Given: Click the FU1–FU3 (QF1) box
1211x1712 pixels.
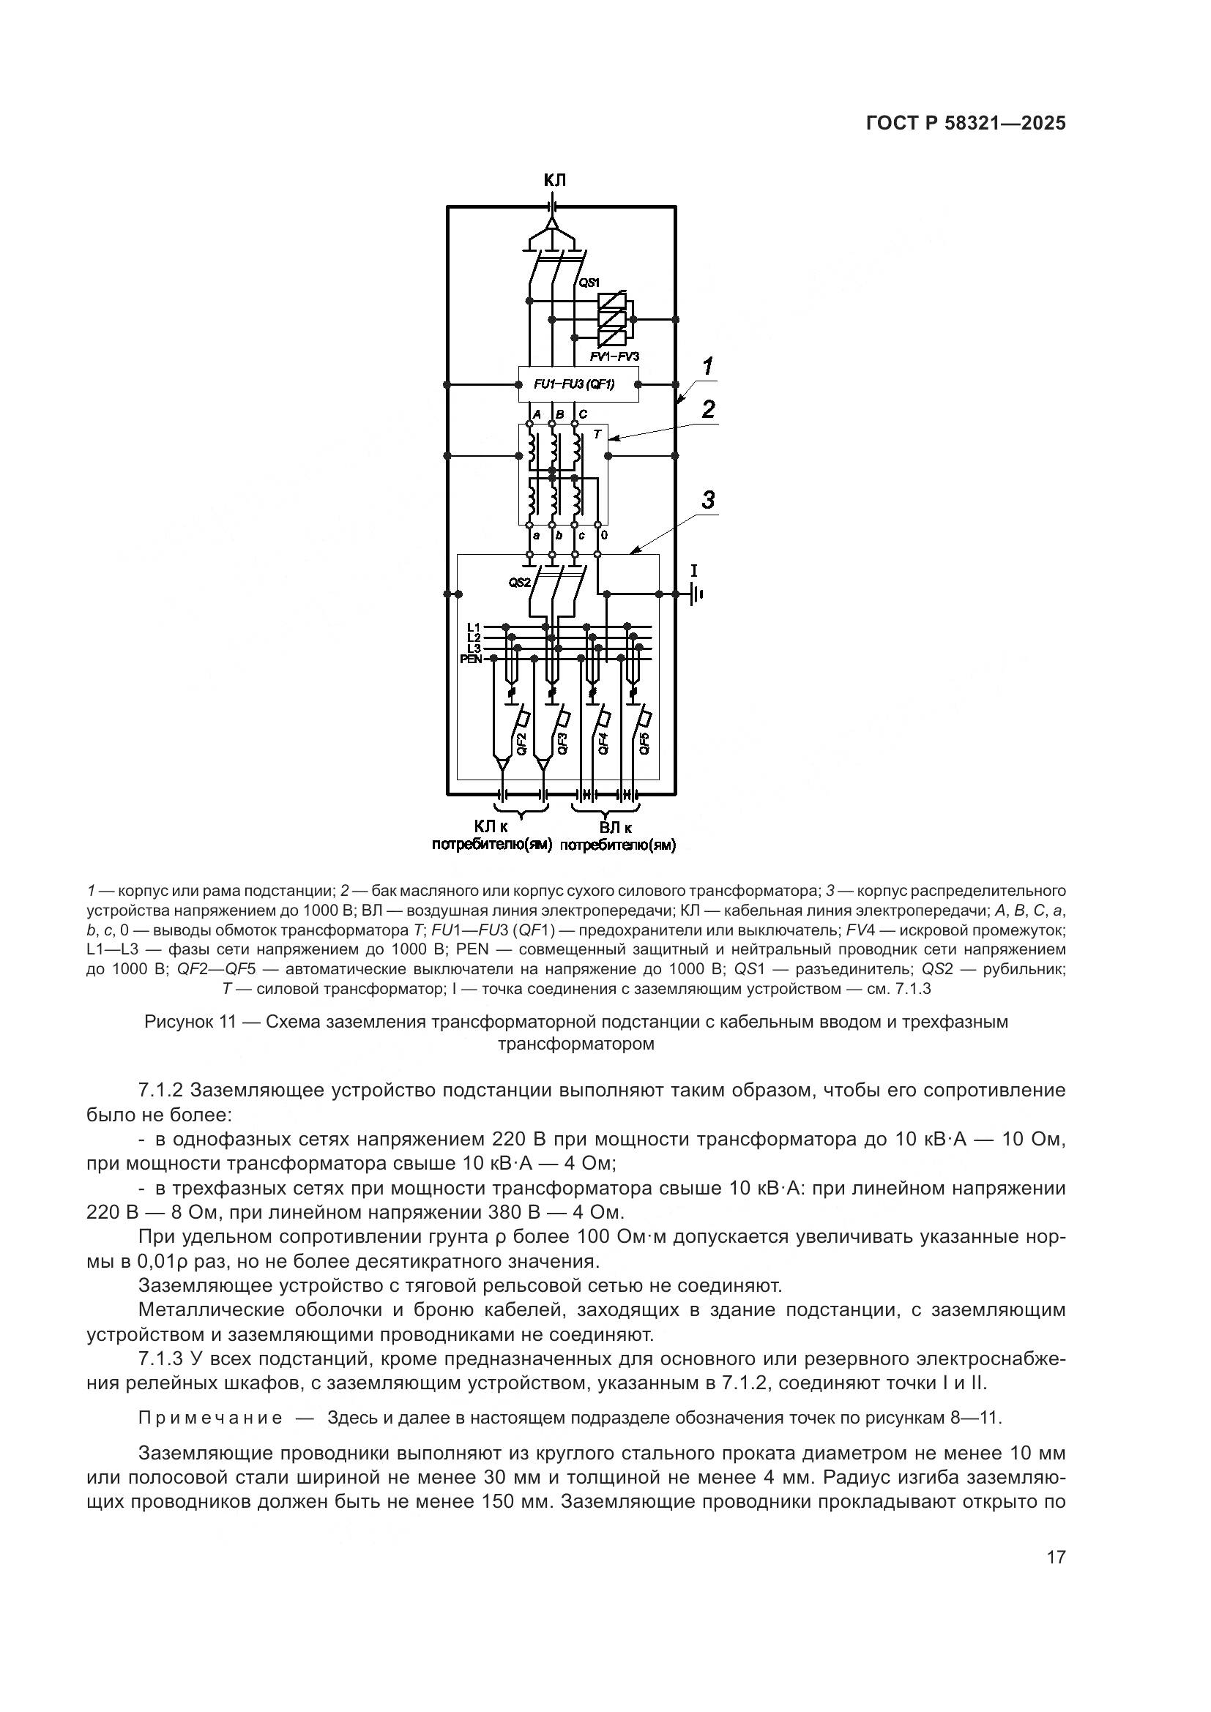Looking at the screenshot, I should pyautogui.click(x=578, y=385).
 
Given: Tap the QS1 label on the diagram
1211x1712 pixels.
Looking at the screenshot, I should pyautogui.click(x=590, y=282).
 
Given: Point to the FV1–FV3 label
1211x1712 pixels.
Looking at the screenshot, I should pyautogui.click(x=614, y=356).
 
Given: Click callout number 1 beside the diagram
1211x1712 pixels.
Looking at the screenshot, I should pyautogui.click(x=707, y=367).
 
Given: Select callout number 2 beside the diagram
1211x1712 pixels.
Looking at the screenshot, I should pyautogui.click(x=708, y=408).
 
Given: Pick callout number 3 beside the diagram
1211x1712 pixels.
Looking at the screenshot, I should pyautogui.click(x=708, y=501).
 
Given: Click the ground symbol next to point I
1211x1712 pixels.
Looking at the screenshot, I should pyautogui.click(x=696, y=594).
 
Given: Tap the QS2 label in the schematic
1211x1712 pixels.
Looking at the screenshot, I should pyautogui.click(x=520, y=583).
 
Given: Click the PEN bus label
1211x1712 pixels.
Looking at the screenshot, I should pyautogui.click(x=472, y=659).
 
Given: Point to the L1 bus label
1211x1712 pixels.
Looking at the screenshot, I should pyautogui.click(x=474, y=627).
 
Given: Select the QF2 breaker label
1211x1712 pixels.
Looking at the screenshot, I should pyautogui.click(x=522, y=744).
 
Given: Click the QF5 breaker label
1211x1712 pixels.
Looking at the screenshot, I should pyautogui.click(x=645, y=744).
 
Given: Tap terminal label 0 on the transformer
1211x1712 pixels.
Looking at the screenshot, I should pyautogui.click(x=603, y=535).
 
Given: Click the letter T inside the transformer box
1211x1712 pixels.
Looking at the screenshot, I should pyautogui.click(x=597, y=434).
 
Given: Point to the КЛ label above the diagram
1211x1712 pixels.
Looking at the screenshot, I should pyautogui.click(x=554, y=181).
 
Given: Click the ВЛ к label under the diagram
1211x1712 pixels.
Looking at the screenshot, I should pyautogui.click(x=616, y=828).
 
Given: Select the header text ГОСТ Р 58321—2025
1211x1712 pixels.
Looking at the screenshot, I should pyautogui.click(x=966, y=124).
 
